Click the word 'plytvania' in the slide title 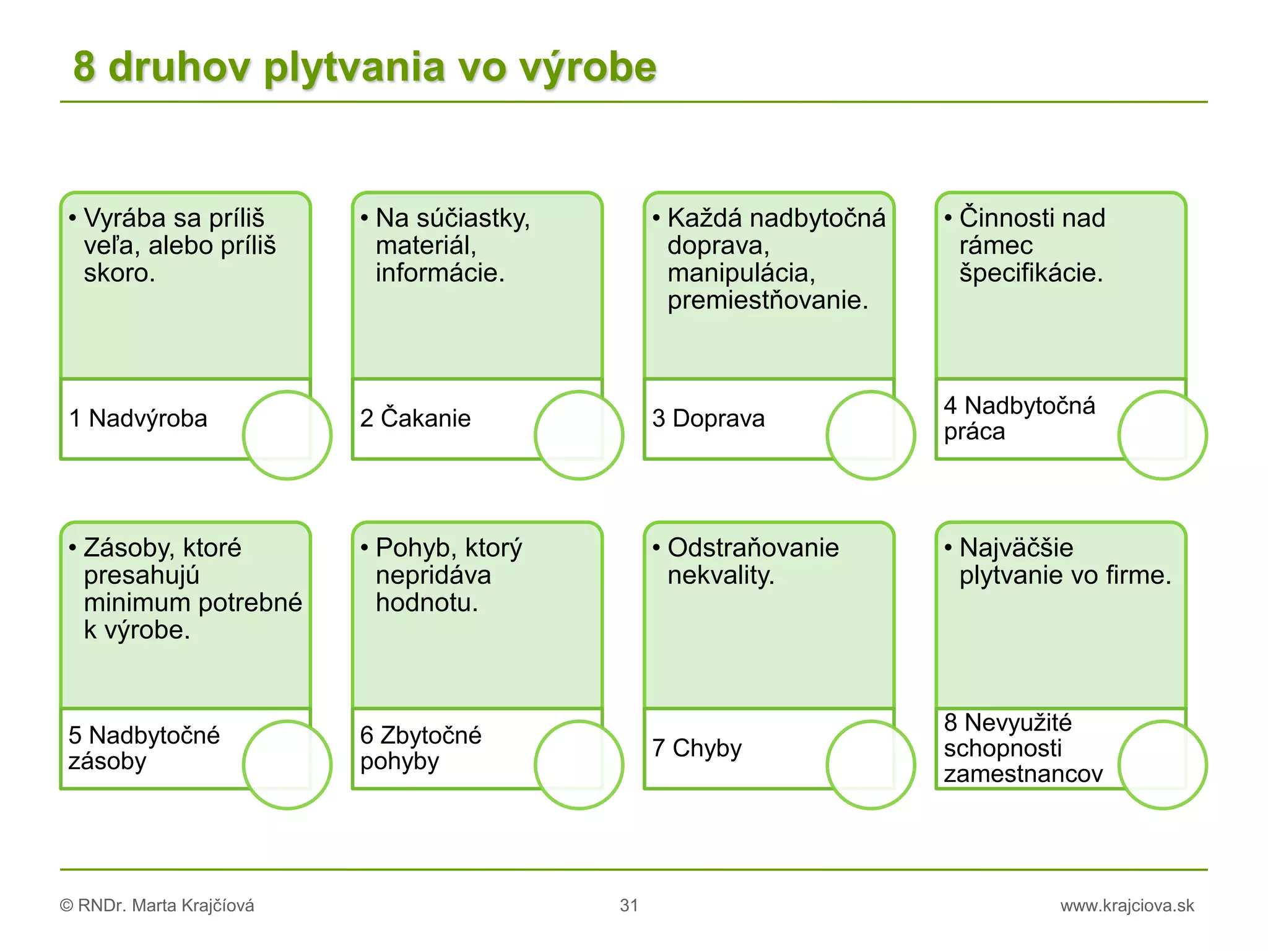(354, 68)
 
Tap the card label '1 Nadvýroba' (138, 419)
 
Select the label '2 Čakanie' (415, 419)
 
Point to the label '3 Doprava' (708, 419)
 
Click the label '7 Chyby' (697, 748)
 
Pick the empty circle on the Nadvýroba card (287, 435)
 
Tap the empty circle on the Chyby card (871, 765)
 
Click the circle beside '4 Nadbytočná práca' (1162, 435)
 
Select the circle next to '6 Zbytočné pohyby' (579, 765)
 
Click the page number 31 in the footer (629, 905)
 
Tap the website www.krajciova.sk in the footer (1127, 905)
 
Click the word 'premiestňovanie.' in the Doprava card (768, 300)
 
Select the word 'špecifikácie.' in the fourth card (1031, 273)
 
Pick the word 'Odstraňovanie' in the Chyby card (753, 548)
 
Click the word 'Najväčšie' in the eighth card (1016, 548)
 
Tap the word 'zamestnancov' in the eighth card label (1023, 774)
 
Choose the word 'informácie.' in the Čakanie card (440, 273)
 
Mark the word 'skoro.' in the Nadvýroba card (119, 273)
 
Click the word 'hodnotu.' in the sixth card (427, 603)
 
